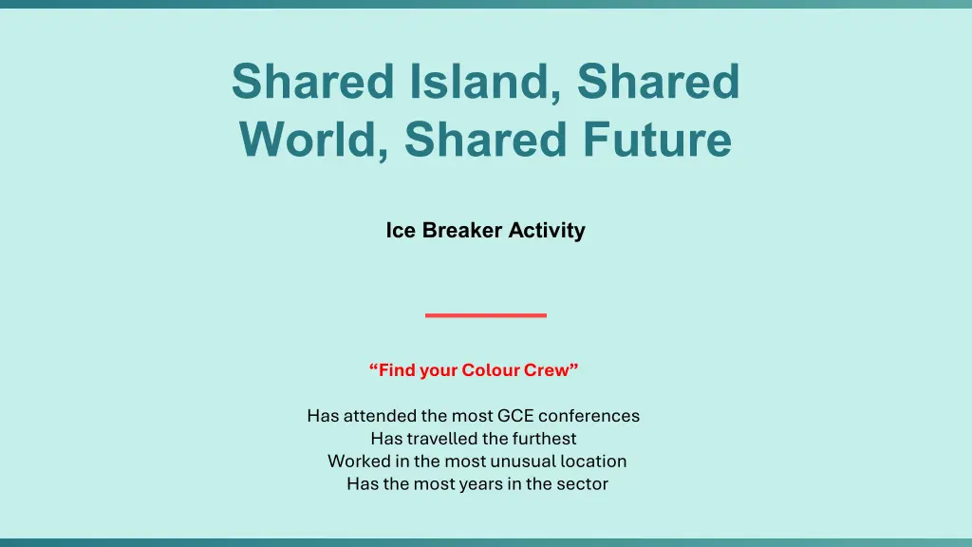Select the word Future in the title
pyautogui.click(x=657, y=139)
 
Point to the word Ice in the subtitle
pyautogui.click(x=401, y=230)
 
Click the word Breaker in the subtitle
pyautogui.click(x=462, y=230)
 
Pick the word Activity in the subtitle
pyautogui.click(x=547, y=231)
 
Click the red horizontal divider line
pyautogui.click(x=486, y=315)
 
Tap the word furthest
pyautogui.click(x=544, y=439)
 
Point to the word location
pyautogui.click(x=593, y=462)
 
